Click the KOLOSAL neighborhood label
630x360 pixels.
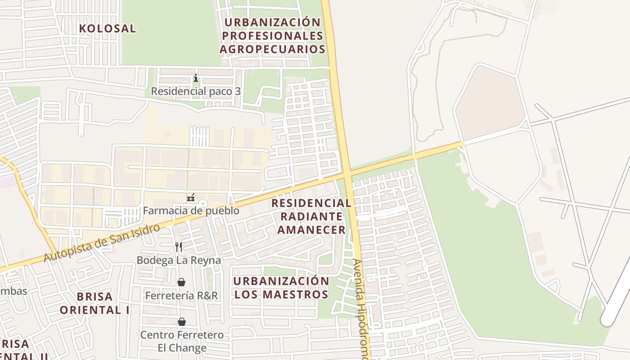(x=107, y=28)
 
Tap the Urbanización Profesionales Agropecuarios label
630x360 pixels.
(x=272, y=36)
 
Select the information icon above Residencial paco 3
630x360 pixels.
(x=195, y=78)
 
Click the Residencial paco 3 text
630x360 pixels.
(x=195, y=91)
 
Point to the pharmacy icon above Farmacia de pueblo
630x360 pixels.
(x=190, y=198)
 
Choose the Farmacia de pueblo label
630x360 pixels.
(x=191, y=211)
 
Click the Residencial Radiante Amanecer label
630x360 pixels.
(x=311, y=216)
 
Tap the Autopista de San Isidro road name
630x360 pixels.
(x=102, y=243)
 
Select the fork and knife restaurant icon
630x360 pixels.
(x=179, y=247)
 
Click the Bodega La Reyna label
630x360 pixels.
(x=179, y=260)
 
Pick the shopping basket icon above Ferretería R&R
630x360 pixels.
(x=181, y=282)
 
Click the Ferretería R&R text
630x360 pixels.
(x=181, y=295)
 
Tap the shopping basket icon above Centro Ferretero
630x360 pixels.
(x=181, y=322)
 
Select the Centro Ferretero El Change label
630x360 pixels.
(x=182, y=341)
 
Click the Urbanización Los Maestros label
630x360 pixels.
(x=281, y=288)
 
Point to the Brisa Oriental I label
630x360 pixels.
(x=94, y=303)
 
